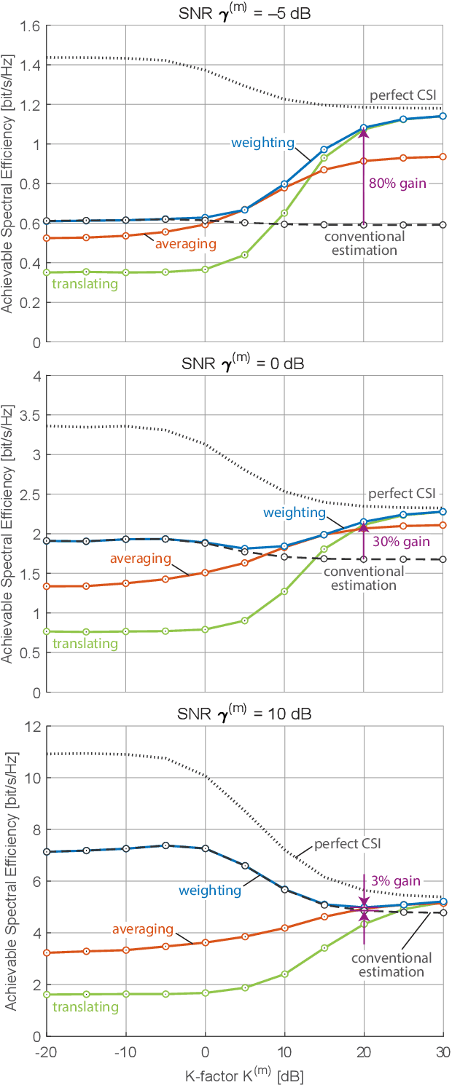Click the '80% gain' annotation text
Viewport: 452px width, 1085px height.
point(397,184)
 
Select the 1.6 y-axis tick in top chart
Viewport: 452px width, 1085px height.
point(31,26)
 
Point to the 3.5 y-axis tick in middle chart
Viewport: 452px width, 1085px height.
point(31,415)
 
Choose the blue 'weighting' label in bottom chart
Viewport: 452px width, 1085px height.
point(210,890)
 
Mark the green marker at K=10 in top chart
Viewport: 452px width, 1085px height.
point(284,213)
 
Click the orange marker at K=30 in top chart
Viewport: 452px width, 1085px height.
point(443,157)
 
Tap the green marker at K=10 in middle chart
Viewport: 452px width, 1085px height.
point(284,591)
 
